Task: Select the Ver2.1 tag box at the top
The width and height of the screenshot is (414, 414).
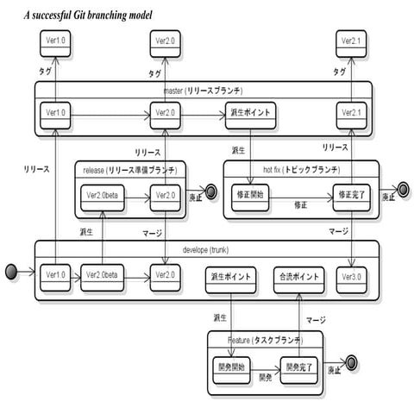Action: [351, 41]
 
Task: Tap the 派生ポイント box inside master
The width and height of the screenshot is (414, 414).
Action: [250, 112]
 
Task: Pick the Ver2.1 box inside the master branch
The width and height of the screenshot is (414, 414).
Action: [351, 112]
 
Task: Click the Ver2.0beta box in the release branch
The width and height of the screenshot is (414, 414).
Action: [102, 196]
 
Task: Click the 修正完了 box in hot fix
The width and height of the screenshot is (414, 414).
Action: [350, 196]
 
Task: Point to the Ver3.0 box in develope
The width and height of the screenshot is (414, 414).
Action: [351, 278]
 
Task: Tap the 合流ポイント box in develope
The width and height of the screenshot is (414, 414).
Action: [299, 278]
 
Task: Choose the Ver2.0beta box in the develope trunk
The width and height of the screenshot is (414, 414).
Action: [102, 278]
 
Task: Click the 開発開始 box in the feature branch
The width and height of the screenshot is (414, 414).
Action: [229, 366]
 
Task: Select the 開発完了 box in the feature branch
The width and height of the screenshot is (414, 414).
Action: [295, 366]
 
